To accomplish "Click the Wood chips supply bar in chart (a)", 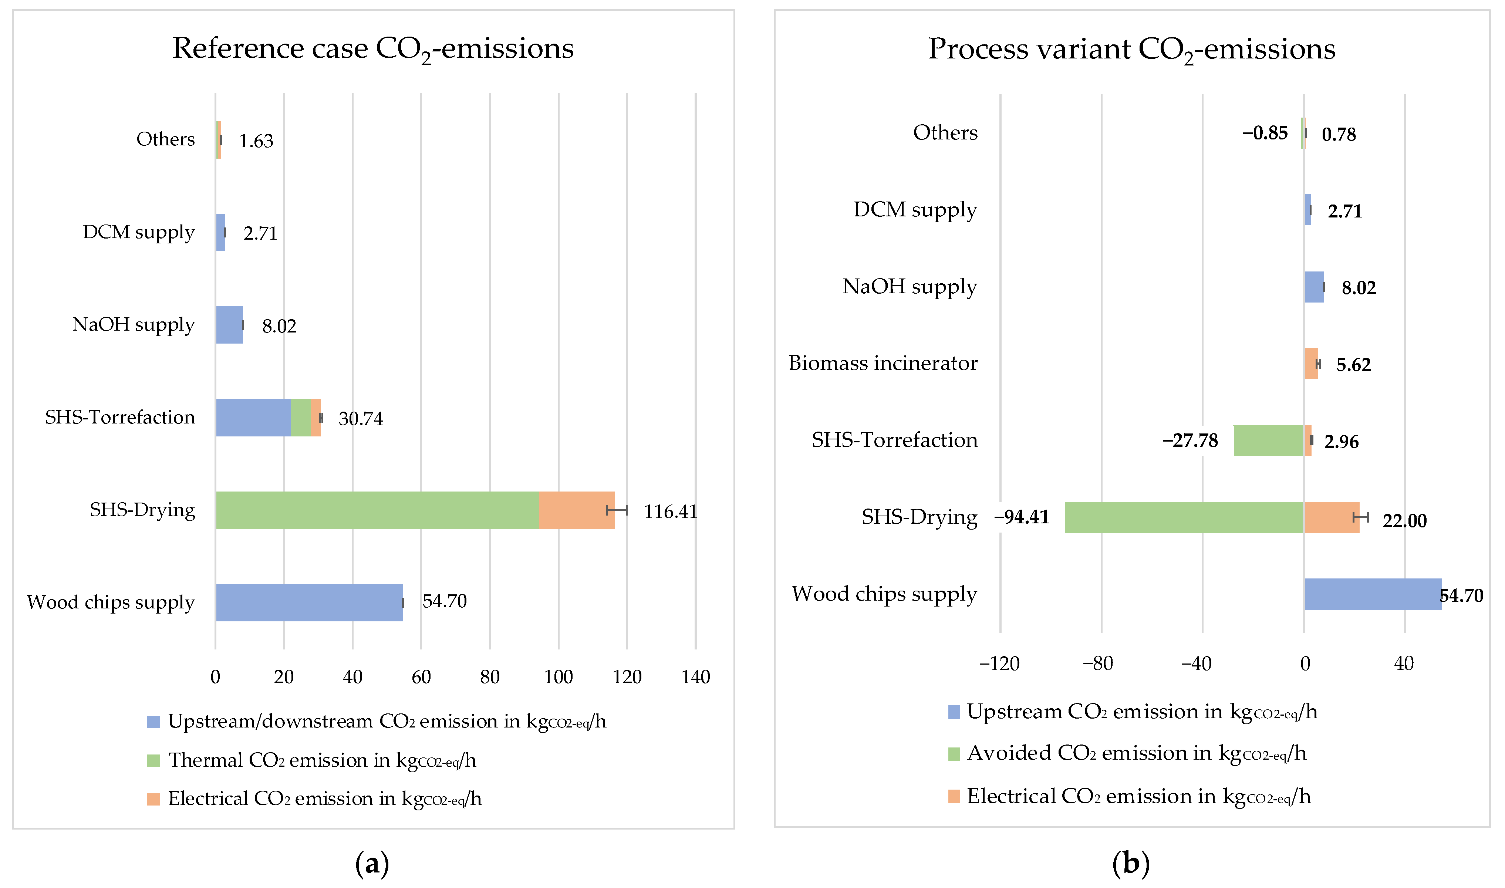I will coord(309,602).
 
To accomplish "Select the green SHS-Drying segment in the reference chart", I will coord(377,510).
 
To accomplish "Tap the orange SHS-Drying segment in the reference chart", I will coord(577,510).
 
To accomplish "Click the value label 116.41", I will coord(670,511).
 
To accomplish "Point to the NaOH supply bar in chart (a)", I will coord(229,325).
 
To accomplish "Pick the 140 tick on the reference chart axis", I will coord(695,677).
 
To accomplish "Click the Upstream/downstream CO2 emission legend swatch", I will coord(153,722).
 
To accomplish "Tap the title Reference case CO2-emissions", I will coord(373,48).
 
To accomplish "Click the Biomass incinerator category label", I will coord(883,363).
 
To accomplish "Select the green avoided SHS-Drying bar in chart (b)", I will coord(1184,517).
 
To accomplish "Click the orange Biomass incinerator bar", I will coord(1310,363).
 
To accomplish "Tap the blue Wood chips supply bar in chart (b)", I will coord(1373,594).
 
